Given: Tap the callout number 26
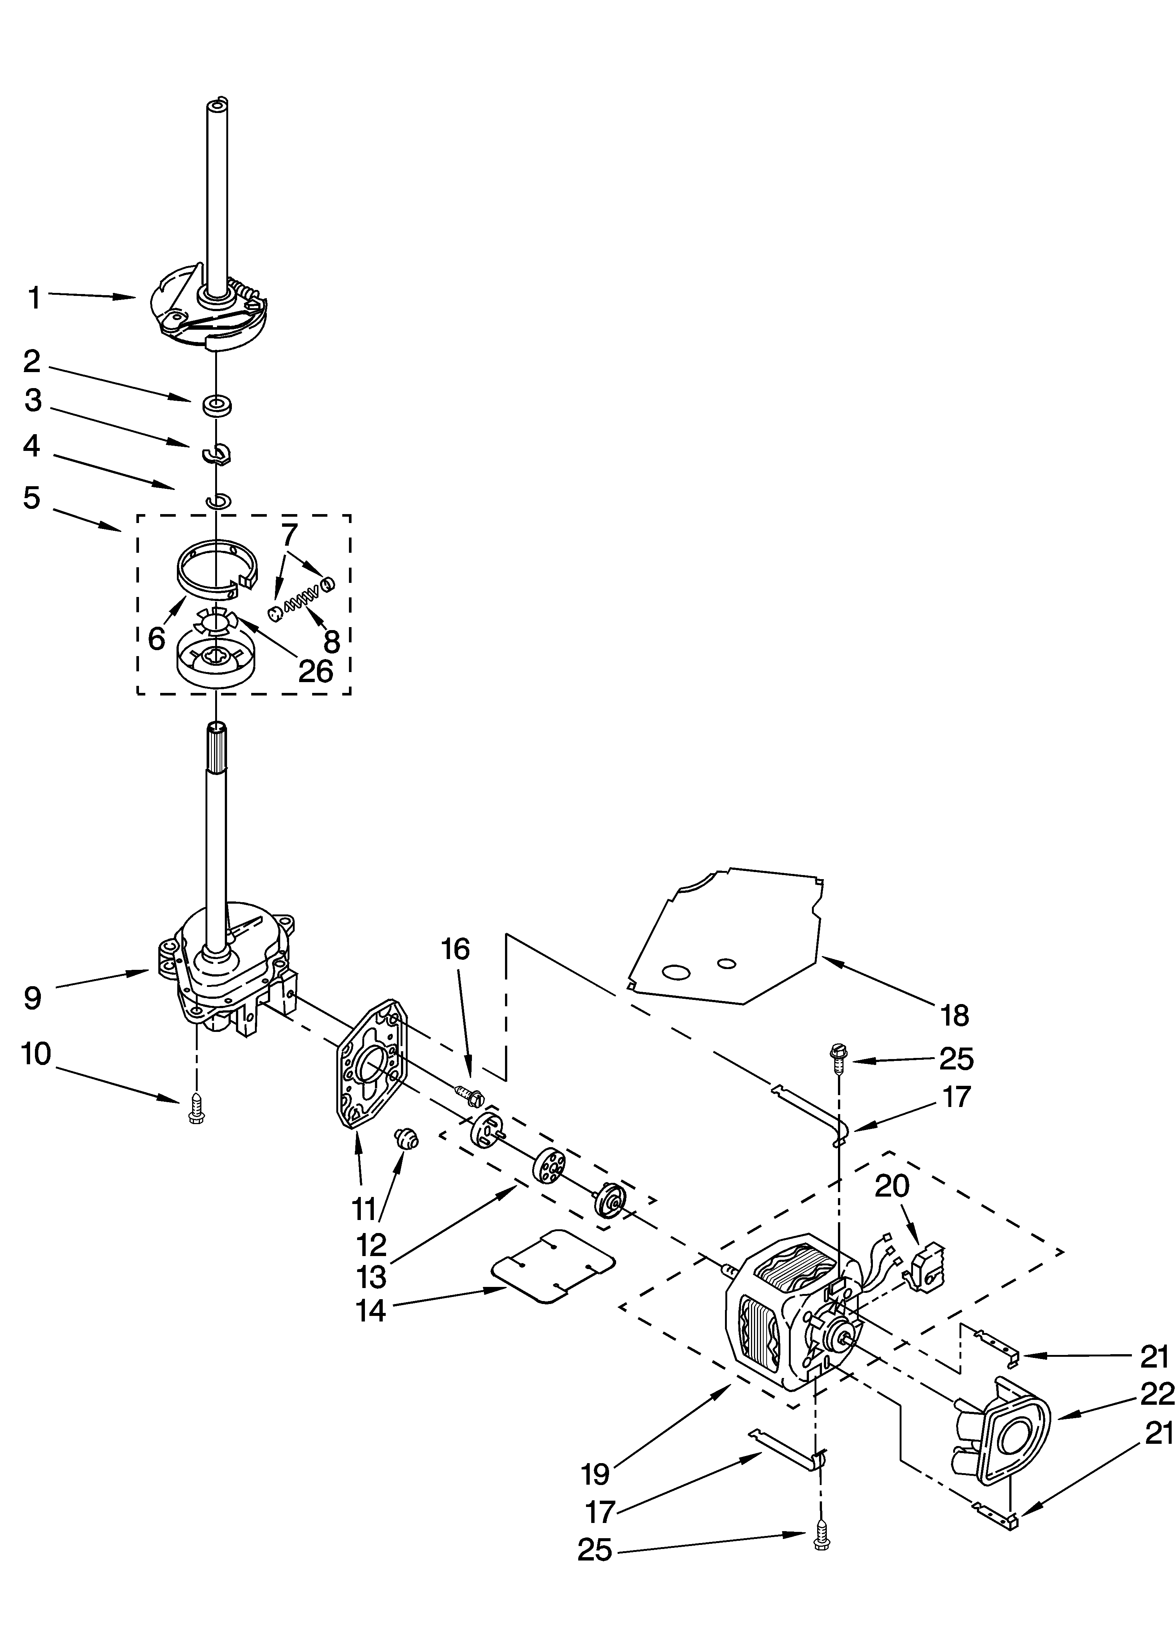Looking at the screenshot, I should tap(316, 671).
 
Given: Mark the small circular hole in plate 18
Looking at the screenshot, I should tap(727, 964).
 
